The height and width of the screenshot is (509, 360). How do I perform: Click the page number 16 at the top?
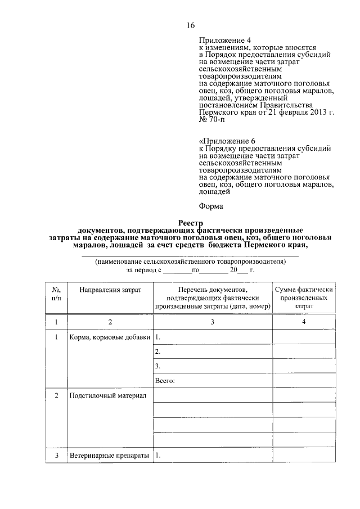pyautogui.click(x=190, y=25)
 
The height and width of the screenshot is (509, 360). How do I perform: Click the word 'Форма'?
pyautogui.click(x=211, y=206)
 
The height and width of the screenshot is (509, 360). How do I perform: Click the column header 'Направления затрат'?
pyautogui.click(x=110, y=289)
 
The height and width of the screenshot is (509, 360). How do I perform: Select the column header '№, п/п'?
pyautogui.click(x=56, y=293)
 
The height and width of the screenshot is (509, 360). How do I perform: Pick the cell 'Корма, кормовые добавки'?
pyautogui.click(x=110, y=337)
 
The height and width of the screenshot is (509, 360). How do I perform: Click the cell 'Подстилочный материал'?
pyautogui.click(x=107, y=397)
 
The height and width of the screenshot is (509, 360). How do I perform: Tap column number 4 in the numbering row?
pyautogui.click(x=303, y=322)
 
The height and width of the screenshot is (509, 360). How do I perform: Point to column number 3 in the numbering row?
pyautogui.click(x=212, y=322)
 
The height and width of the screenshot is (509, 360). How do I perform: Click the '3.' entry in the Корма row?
pyautogui.click(x=158, y=366)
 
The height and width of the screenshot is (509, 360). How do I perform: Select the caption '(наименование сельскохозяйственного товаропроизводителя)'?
pyautogui.click(x=190, y=262)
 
